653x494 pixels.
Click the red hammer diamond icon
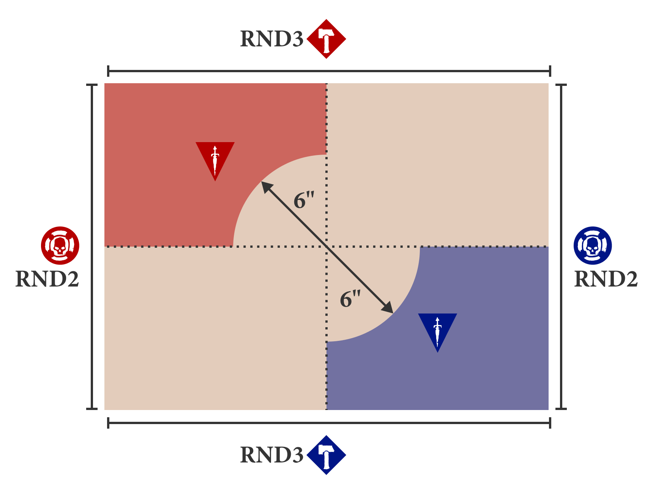326,39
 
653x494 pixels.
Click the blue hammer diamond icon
326,455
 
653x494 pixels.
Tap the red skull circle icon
60,245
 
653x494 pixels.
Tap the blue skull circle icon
593,245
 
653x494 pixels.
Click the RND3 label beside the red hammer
272,39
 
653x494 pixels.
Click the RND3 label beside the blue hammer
272,455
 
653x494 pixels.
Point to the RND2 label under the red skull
47,279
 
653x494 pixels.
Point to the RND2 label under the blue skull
606,279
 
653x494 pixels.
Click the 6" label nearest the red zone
304,200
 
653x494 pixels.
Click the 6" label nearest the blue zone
350,299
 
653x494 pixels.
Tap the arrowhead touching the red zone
266,187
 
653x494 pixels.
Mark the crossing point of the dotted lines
326,247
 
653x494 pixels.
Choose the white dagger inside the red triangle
215,160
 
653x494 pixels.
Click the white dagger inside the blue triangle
437,331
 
